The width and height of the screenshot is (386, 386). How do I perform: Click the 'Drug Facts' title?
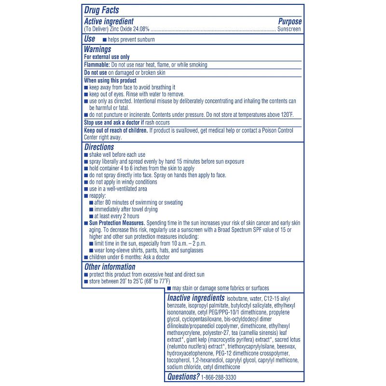point(102,10)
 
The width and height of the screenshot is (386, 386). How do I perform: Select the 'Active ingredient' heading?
point(109,21)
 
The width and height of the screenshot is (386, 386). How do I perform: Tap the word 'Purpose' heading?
point(289,21)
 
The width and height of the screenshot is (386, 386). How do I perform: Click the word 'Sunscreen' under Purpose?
point(289,29)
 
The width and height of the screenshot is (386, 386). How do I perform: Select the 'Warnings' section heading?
point(97,49)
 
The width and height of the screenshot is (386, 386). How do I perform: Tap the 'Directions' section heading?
point(99,147)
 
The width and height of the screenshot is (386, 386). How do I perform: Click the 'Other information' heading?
point(110,267)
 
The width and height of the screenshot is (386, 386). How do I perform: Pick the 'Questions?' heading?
point(183,377)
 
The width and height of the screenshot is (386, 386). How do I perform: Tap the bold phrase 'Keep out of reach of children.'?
point(116,130)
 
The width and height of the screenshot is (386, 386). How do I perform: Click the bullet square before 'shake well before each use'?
point(86,155)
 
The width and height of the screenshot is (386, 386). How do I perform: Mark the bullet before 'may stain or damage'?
point(169,289)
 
